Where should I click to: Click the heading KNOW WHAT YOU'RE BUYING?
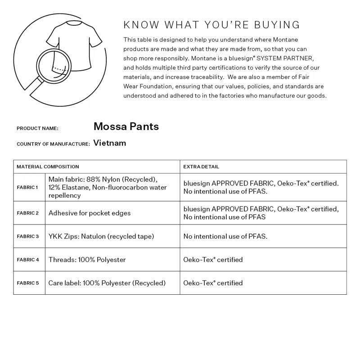pos(211,24)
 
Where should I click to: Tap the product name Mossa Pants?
pos(126,126)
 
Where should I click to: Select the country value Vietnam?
pos(110,143)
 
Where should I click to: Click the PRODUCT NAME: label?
pos(37,128)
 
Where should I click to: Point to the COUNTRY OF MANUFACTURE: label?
pos(53,144)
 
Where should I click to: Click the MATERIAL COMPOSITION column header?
pos(48,166)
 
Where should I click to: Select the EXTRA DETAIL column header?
pos(201,166)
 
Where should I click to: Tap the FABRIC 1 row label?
pos(27,187)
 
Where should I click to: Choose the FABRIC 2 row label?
pos(27,213)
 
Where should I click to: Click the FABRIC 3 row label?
pos(27,236)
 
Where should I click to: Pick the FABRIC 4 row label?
pos(27,260)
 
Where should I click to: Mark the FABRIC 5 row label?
pos(27,283)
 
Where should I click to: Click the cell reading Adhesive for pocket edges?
pos(90,213)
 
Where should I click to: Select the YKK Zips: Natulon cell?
pos(101,236)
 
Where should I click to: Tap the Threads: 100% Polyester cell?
pos(87,260)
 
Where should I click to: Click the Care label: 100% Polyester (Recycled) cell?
pos(107,283)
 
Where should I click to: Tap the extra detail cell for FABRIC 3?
pos(225,236)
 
